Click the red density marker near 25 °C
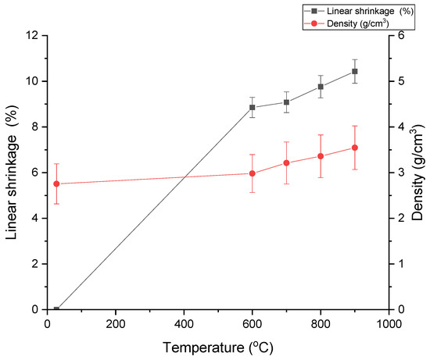56,184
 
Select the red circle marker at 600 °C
253,173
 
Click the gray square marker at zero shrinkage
56,309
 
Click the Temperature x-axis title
218,346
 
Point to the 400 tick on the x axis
184,323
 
